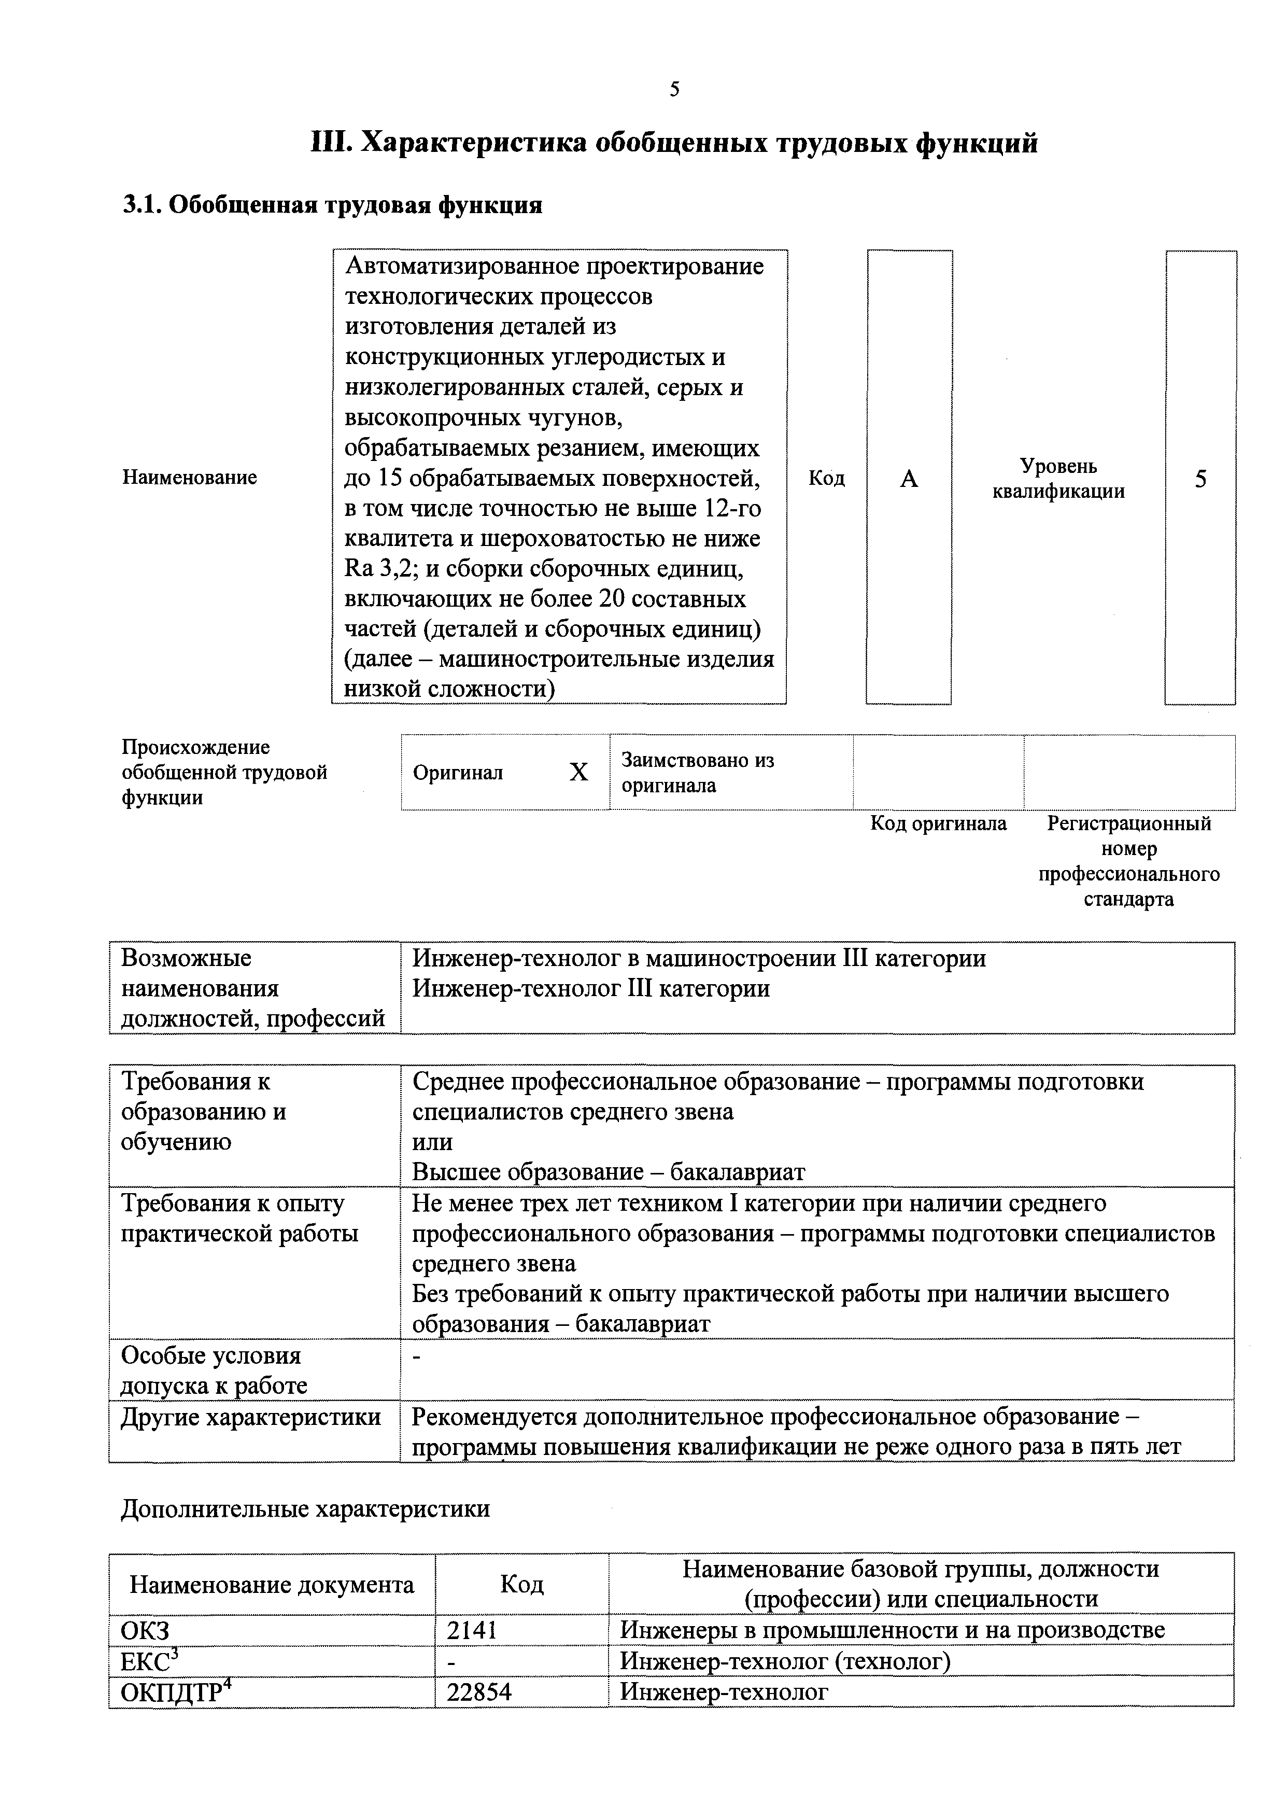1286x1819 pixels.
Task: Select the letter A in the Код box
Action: tap(909, 479)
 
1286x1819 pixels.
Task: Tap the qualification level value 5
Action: tap(1200, 479)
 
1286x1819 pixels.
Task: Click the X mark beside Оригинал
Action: tap(579, 773)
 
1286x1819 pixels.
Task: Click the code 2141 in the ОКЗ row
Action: tap(472, 1630)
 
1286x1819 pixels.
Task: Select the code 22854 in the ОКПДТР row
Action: tap(479, 1691)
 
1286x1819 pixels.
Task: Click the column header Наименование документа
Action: tap(272, 1585)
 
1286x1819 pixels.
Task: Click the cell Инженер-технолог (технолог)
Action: tap(785, 1660)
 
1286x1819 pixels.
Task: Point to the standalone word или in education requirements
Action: tap(432, 1142)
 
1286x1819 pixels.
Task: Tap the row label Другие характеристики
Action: tap(250, 1417)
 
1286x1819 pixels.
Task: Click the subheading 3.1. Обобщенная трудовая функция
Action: tap(333, 205)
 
